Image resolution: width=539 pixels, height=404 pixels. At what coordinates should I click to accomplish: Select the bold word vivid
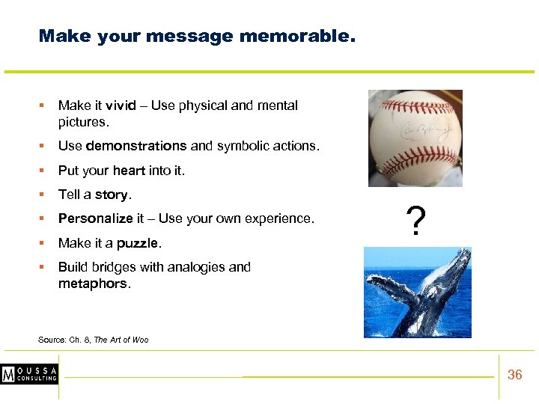tap(121, 105)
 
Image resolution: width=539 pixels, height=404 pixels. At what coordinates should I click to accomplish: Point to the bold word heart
tap(129, 171)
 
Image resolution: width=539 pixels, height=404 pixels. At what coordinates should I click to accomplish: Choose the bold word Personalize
tap(95, 218)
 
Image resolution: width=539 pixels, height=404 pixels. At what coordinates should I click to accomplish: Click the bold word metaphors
tap(93, 284)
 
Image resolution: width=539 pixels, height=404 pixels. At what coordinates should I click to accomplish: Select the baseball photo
tap(415, 138)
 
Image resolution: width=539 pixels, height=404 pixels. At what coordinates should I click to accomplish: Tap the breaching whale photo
tap(417, 292)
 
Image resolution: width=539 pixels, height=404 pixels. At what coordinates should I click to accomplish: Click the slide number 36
tap(514, 375)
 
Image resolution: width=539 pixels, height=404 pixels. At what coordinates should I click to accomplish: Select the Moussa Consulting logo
tap(30, 374)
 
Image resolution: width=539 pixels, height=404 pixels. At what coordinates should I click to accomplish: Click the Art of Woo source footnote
tap(93, 340)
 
